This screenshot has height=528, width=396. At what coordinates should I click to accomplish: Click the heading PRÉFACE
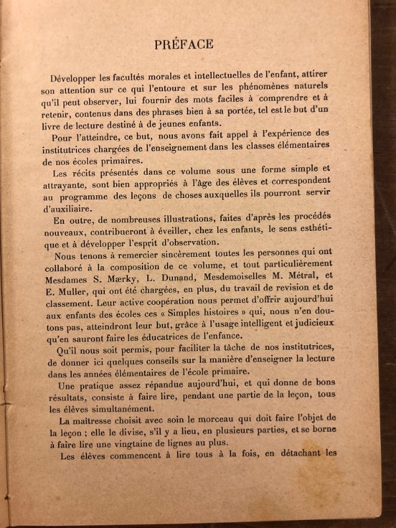tap(183, 44)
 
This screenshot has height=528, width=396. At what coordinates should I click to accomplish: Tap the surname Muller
tap(74, 279)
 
